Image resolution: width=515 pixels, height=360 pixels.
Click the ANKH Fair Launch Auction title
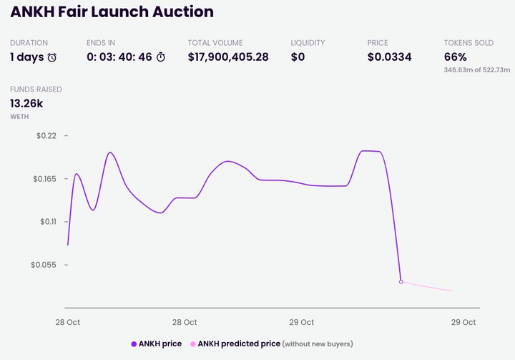(112, 12)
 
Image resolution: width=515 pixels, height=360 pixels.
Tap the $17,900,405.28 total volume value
(228, 57)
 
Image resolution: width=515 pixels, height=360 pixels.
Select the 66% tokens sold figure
(456, 57)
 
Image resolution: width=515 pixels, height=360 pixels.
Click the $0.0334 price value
(389, 57)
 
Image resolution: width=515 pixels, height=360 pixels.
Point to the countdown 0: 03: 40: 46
(119, 57)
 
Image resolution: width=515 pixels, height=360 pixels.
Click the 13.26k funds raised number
(26, 103)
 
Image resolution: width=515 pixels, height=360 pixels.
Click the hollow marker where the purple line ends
(401, 282)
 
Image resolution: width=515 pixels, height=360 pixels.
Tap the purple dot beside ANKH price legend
(134, 344)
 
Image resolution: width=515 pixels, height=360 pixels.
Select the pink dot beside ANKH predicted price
(192, 344)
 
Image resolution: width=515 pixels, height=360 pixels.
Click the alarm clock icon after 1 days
(52, 57)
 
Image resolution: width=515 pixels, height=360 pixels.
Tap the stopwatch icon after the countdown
(161, 57)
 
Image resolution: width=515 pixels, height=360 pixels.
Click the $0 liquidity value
(298, 57)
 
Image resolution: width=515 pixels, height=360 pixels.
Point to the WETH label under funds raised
(19, 116)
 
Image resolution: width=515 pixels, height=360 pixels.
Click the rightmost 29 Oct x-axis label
(463, 322)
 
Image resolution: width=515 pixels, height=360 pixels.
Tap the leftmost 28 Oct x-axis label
(68, 322)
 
